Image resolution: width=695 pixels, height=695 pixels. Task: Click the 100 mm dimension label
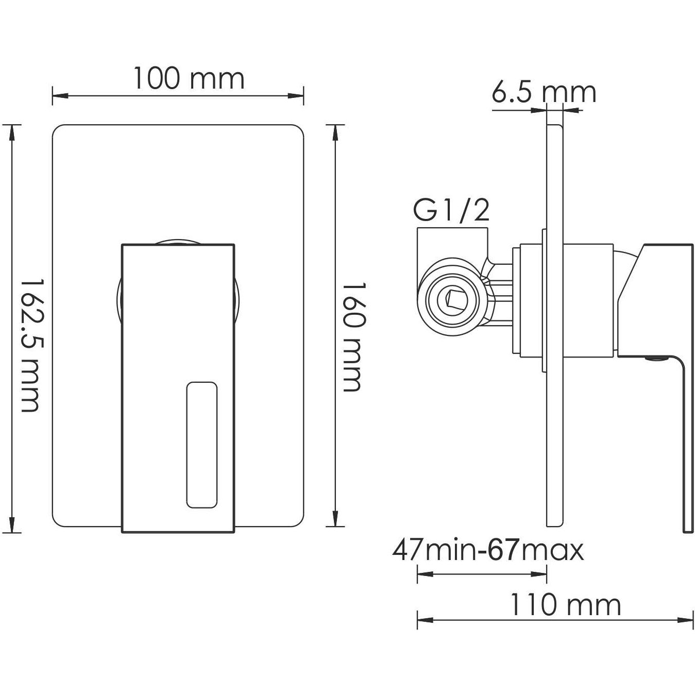(189, 79)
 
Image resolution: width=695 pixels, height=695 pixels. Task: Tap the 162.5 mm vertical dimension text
(30, 345)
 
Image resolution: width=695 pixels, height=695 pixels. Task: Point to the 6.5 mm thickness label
(544, 93)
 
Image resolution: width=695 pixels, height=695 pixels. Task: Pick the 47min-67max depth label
(488, 550)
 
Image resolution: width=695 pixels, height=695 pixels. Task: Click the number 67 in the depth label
(503, 550)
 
